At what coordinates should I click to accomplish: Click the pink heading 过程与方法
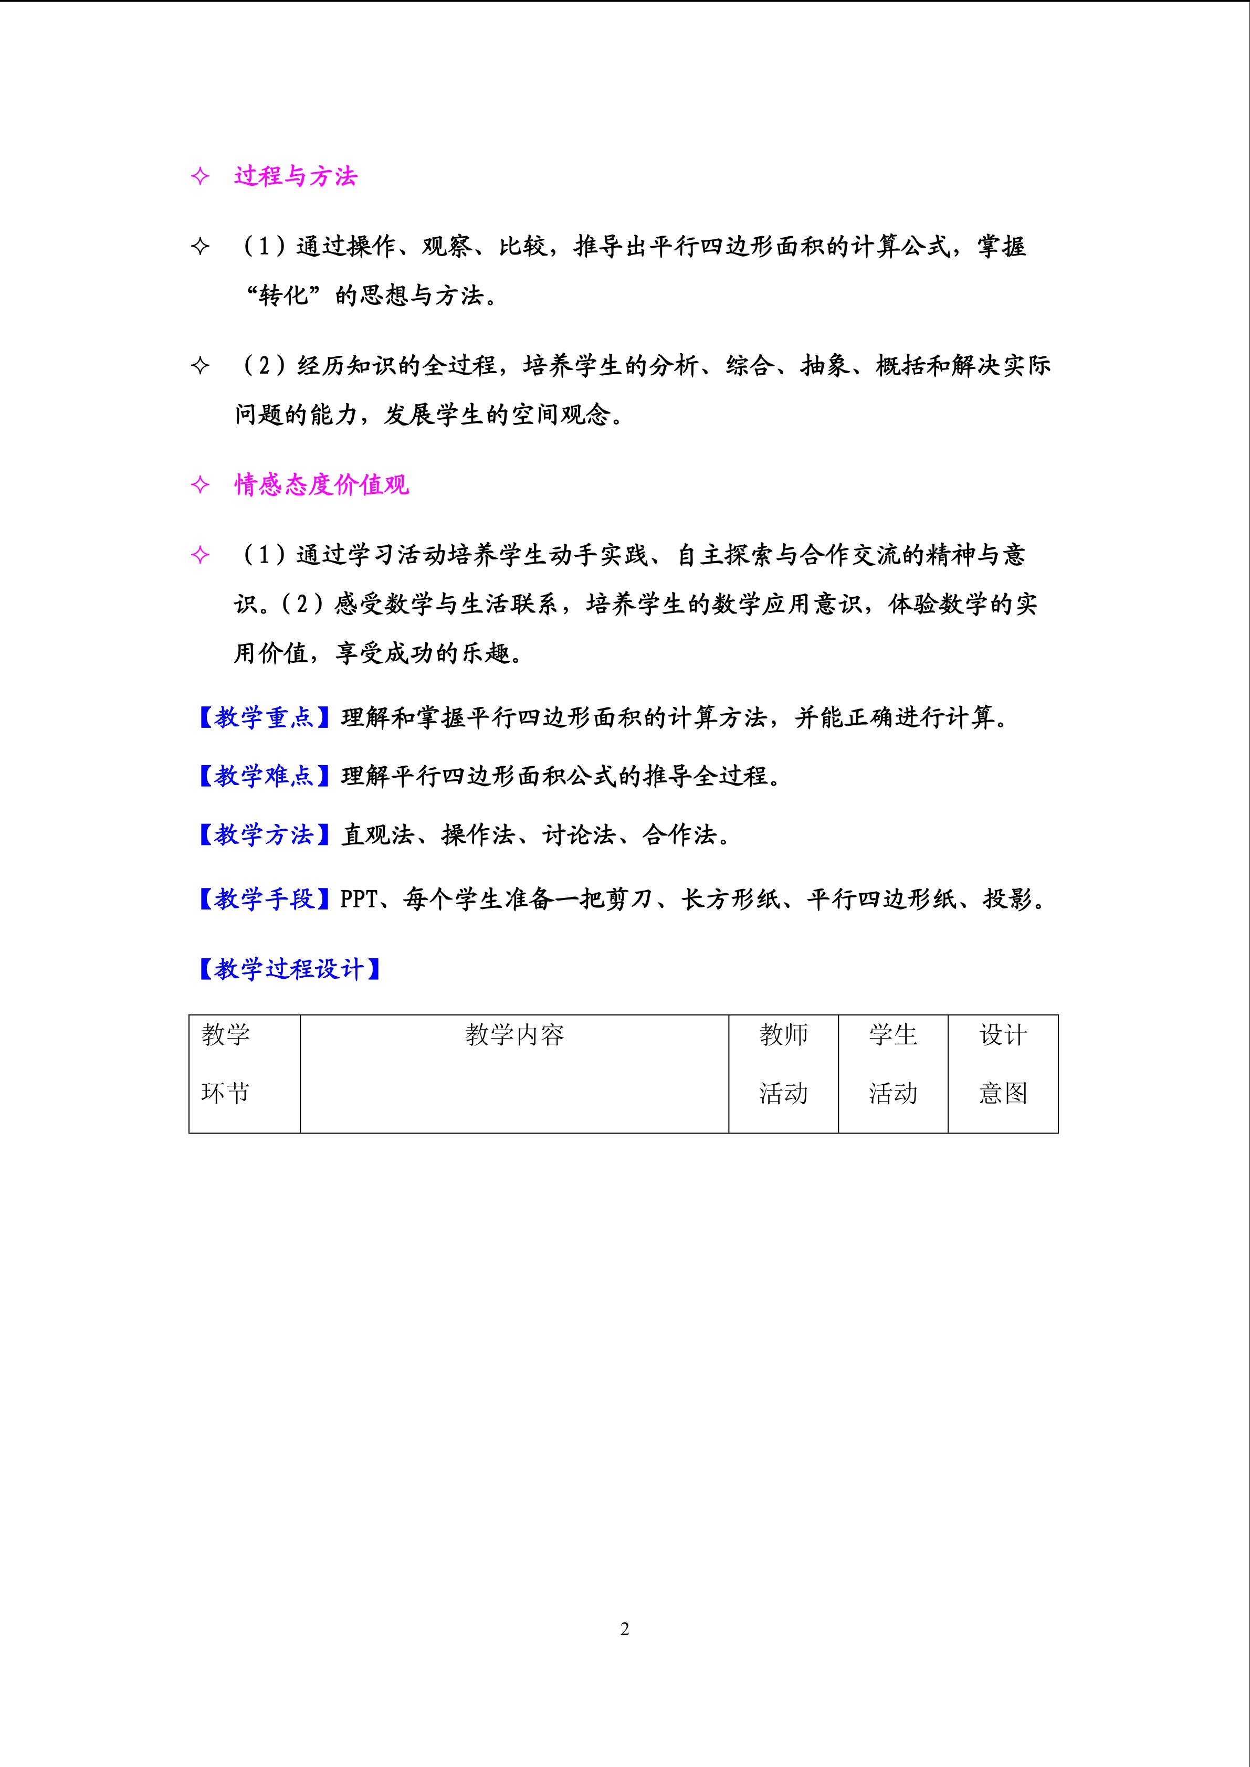coord(296,177)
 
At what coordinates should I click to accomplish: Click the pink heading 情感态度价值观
coord(322,485)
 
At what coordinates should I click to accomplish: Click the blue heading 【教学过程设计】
coord(289,969)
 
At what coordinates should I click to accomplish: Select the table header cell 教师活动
coord(784,1064)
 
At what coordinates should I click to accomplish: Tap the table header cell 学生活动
coord(893,1064)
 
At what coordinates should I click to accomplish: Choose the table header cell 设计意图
coord(1003,1064)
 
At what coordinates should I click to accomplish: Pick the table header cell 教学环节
coord(226,1064)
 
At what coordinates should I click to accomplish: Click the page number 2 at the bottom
coord(624,1628)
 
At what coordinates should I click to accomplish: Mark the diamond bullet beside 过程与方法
coord(200,177)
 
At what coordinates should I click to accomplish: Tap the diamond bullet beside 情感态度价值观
coord(200,485)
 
